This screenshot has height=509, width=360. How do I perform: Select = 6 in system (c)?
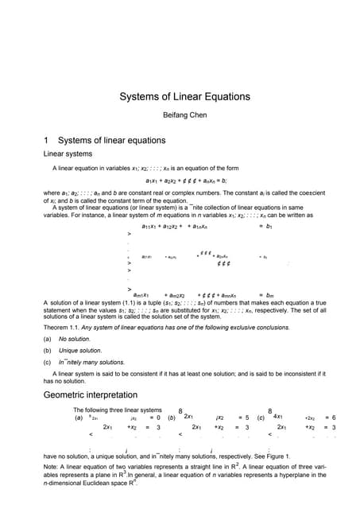coord(329,417)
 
